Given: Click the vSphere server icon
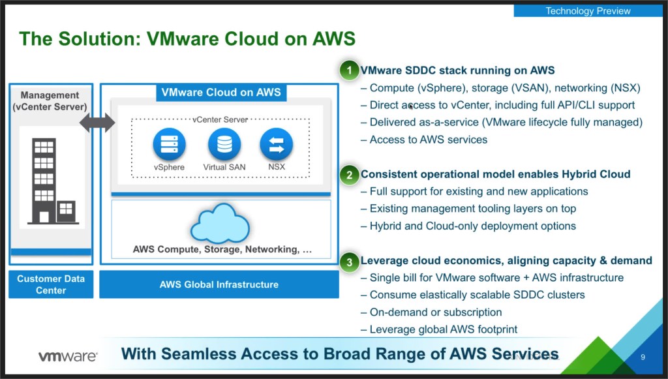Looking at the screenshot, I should click(169, 144).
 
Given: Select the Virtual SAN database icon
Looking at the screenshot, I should click(224, 144).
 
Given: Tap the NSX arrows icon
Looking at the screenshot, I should click(276, 144).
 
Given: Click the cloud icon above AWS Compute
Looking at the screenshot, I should click(220, 223).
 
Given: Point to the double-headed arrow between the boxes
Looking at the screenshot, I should click(97, 122).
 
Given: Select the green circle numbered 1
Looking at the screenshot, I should click(350, 70).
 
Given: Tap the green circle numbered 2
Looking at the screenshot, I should click(350, 175).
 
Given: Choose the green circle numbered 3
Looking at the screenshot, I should click(350, 262).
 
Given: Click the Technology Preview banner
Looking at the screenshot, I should click(588, 10).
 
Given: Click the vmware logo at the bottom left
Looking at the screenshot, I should click(68, 356).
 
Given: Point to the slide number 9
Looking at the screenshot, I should click(643, 357).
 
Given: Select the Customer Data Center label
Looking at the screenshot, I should click(51, 284).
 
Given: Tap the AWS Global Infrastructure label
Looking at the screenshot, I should click(219, 284).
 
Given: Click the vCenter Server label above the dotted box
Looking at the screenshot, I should click(220, 120).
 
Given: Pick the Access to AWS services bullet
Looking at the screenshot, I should click(428, 139).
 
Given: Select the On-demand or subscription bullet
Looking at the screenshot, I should click(435, 312).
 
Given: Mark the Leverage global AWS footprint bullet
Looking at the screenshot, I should click(443, 329).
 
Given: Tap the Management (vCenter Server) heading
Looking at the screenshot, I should click(50, 101).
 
